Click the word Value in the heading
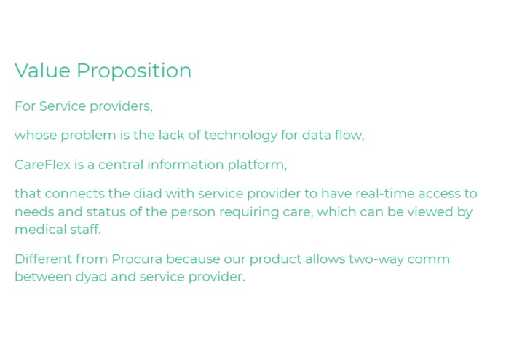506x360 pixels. point(42,71)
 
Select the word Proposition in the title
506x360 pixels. point(134,71)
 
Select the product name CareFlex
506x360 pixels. point(42,165)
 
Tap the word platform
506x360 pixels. point(258,165)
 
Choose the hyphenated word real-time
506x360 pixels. point(387,194)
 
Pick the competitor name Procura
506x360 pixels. point(138,259)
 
